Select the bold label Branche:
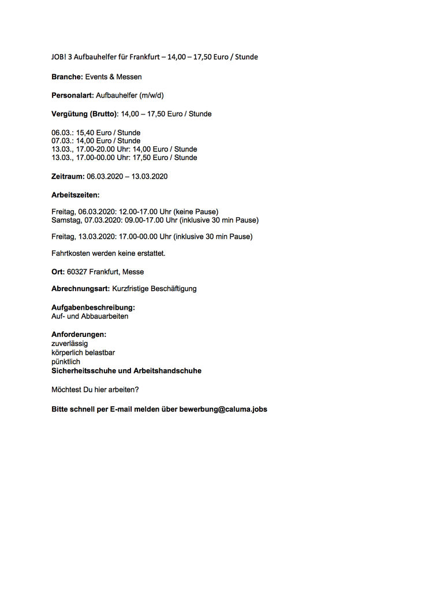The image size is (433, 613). click(x=67, y=77)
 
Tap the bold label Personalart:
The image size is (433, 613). click(x=72, y=95)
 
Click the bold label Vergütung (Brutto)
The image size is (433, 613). click(x=84, y=114)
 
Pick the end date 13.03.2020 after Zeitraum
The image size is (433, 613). click(x=150, y=176)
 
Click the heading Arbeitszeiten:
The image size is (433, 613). click(x=76, y=195)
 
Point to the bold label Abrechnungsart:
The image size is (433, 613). click(x=81, y=288)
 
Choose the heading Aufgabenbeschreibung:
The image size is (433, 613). click(x=93, y=308)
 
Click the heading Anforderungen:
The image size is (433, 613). click(x=79, y=335)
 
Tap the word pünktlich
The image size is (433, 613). click(x=66, y=362)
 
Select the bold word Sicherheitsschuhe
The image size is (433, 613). click(x=87, y=371)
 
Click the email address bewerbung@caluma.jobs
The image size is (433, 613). click(x=223, y=409)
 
